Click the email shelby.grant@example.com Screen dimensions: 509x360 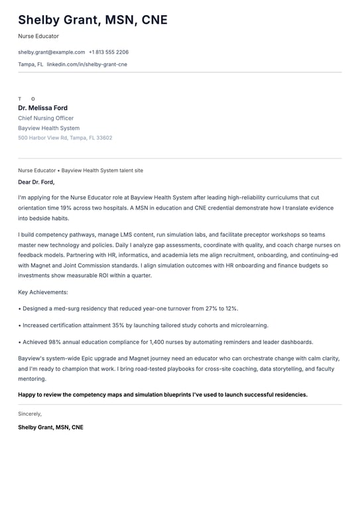(52, 52)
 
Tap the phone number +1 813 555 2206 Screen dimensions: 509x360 (109, 52)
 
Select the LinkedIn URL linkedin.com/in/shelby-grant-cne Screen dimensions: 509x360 (87, 64)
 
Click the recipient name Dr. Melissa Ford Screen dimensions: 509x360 (42, 108)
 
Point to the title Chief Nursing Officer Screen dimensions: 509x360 (46, 118)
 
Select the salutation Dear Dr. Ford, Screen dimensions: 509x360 (36, 182)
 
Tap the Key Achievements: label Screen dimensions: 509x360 (43, 292)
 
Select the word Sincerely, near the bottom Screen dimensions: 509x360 (30, 414)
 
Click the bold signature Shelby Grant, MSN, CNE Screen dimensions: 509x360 (51, 427)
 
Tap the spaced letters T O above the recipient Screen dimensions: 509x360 (27, 99)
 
